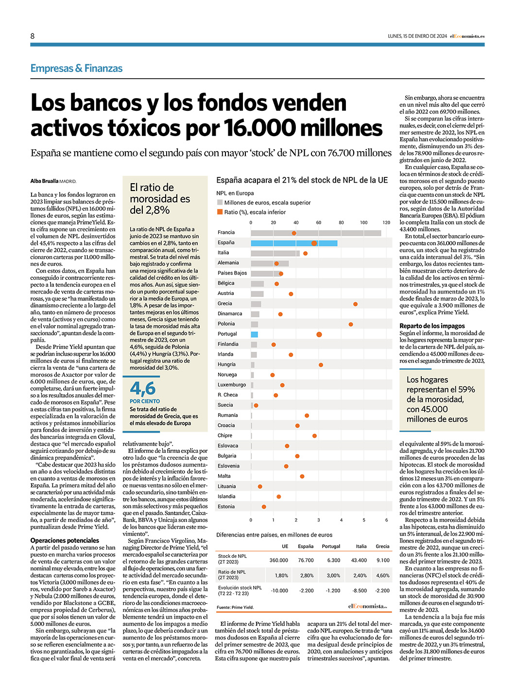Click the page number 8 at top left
point(32,36)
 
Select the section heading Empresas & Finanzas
point(76,69)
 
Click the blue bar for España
point(294,243)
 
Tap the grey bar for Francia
point(316,233)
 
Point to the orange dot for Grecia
point(355,304)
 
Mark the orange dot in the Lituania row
point(260,486)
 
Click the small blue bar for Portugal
point(255,334)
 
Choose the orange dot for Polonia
point(351,324)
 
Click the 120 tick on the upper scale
point(386,223)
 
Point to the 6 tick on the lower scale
point(387,520)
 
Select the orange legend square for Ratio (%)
point(220,212)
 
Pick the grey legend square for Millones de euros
point(220,202)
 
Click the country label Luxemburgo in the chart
point(231,385)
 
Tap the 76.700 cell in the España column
point(306,560)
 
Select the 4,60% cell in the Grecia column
point(383,575)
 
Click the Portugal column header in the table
point(331,546)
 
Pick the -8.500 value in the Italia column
point(360,591)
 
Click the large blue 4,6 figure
point(142,388)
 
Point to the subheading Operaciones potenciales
point(65,540)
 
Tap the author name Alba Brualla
point(44,181)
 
